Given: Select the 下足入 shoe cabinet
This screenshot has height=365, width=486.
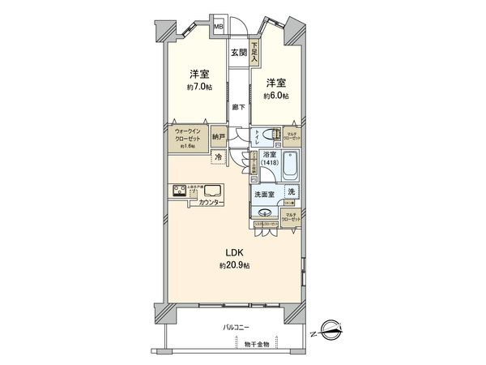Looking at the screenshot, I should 254,54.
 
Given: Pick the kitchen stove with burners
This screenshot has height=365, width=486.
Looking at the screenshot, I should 179,192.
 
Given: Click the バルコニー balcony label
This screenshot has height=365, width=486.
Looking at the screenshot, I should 236,327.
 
